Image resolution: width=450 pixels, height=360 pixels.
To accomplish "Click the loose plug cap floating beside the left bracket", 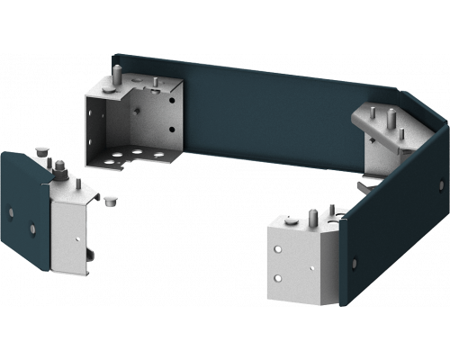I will (x=111, y=200).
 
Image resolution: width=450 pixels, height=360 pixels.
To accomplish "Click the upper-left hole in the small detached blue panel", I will (x=10, y=211).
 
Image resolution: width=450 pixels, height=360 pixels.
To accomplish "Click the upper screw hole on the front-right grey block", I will (x=280, y=249).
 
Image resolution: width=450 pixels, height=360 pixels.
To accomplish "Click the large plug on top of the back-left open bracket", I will (x=110, y=85).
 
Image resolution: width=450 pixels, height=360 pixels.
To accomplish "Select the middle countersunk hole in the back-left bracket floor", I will (x=137, y=153).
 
